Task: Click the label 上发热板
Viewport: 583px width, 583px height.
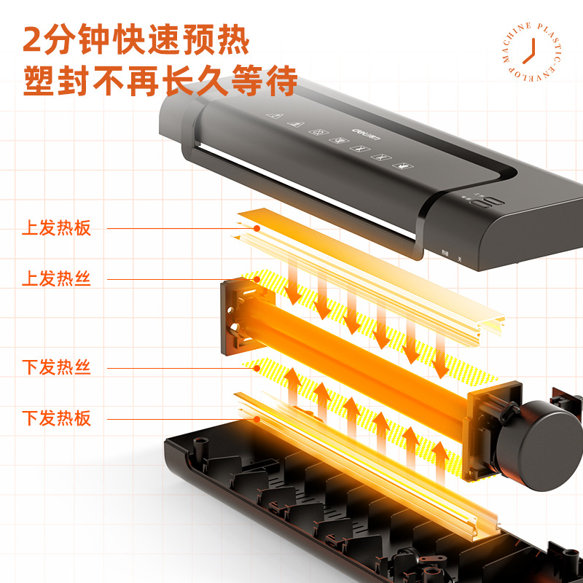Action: click(56, 228)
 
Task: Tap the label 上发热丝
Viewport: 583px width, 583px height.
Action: click(56, 279)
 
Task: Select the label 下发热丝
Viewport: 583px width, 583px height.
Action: click(56, 367)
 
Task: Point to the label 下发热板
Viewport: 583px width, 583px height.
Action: click(56, 418)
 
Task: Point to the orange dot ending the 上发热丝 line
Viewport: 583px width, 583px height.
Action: click(257, 279)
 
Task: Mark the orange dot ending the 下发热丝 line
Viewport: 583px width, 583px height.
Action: click(257, 367)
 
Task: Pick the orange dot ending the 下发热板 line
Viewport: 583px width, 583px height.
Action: click(257, 418)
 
